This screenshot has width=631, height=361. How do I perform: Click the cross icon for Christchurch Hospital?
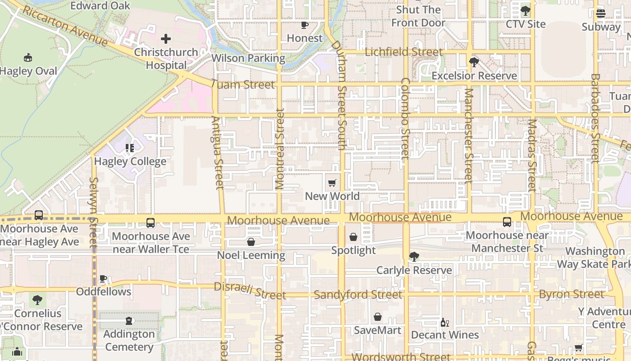166,39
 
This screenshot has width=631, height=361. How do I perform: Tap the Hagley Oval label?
29,71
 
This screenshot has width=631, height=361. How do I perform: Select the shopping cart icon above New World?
332,183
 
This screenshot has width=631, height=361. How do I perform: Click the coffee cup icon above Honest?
305,25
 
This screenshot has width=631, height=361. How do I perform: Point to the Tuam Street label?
242,84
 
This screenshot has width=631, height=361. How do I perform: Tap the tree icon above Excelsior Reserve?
474,62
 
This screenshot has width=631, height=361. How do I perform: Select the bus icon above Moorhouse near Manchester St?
507,222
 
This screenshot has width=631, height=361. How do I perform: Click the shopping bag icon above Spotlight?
353,237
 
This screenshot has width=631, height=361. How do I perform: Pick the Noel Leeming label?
251,255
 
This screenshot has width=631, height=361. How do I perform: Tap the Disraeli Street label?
250,291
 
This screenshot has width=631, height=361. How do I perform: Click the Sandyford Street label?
358,295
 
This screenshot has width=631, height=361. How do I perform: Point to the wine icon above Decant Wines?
444,322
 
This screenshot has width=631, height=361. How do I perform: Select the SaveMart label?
377,330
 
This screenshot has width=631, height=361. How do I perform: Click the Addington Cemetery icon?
129,321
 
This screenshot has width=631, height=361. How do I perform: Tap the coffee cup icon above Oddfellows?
103,278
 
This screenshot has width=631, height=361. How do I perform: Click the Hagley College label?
130,161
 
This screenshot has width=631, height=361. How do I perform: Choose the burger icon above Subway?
601,14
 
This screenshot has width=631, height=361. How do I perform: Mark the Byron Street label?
572,294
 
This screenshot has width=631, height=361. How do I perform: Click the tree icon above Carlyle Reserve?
414,257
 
